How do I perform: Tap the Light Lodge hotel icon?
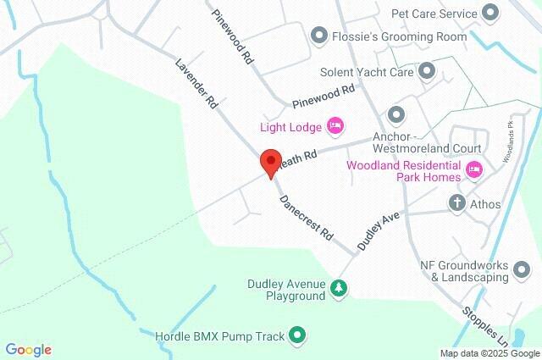335,127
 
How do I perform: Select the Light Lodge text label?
290,127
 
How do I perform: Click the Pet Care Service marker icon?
490,13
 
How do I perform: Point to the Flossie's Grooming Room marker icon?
318,36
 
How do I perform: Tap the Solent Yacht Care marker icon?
426,71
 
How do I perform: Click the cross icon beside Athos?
457,203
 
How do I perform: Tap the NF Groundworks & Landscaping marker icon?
522,270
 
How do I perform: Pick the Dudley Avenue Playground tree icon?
339,290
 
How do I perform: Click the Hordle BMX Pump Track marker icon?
296,335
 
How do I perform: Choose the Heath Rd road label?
300,158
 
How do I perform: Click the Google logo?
29,350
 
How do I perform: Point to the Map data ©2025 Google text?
489,353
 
